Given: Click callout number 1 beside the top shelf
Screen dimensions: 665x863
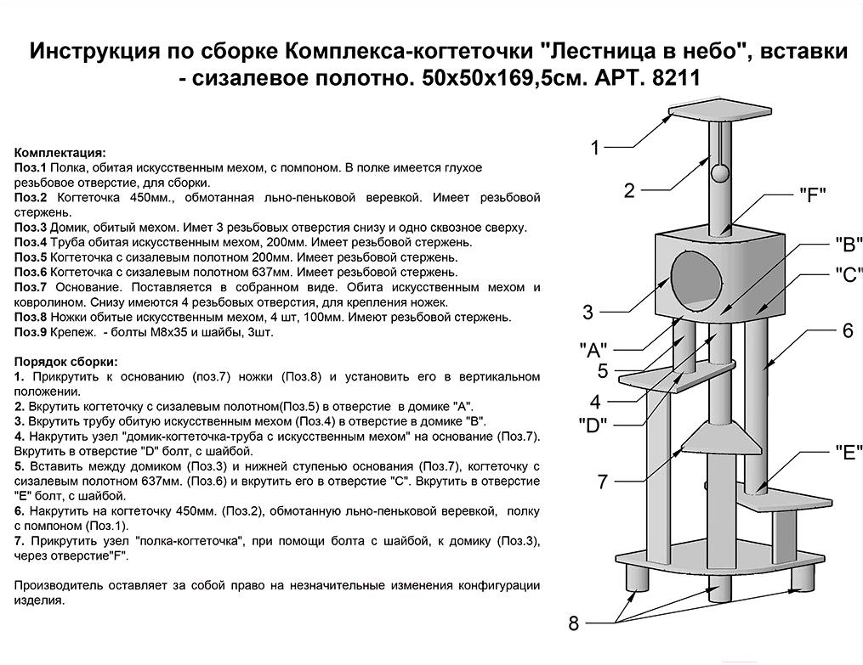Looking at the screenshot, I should pos(595,149).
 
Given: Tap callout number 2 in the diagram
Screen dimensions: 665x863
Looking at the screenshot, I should pos(629,190).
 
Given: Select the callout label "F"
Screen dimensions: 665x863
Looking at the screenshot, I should pos(813,194).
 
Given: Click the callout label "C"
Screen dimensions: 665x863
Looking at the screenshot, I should pos(848,274).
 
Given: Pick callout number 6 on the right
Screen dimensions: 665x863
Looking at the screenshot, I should pos(847,331).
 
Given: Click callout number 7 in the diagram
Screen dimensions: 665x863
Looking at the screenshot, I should pos(602,482).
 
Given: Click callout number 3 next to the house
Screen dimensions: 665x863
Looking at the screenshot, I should pos(588,313).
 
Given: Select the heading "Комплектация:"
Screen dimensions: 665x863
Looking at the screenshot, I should pos(60,153).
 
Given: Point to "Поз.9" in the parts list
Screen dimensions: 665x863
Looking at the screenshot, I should pos(31,332).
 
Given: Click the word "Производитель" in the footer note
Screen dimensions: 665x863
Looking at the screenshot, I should pos(58,585).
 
